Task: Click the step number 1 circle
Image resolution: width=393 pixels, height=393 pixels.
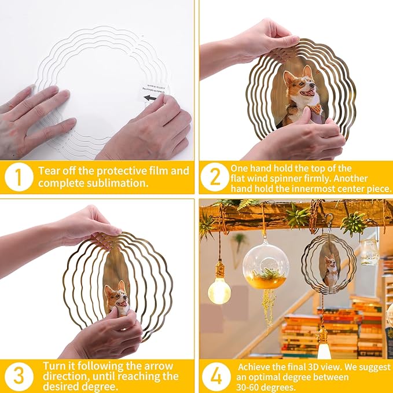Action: [x=19, y=177]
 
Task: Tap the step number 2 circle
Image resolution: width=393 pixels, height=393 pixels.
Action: [x=215, y=177]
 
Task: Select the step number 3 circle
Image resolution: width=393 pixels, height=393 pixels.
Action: [x=19, y=376]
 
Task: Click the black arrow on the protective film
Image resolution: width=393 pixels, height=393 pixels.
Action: [x=150, y=98]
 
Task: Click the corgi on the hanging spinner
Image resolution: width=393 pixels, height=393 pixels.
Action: [x=330, y=270]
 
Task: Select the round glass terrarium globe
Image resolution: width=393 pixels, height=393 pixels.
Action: [x=265, y=265]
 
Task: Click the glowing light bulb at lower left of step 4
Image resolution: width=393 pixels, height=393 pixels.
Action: [x=219, y=290]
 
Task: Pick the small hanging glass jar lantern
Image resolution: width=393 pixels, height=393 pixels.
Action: [x=369, y=252]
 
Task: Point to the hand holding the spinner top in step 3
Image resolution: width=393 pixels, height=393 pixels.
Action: [x=87, y=227]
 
